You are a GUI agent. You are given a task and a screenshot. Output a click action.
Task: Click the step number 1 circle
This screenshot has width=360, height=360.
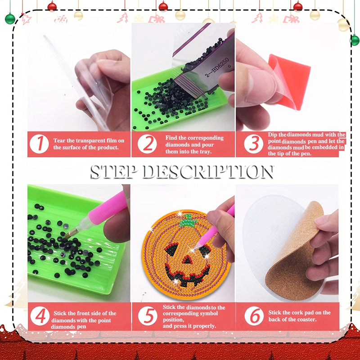coord(40,144)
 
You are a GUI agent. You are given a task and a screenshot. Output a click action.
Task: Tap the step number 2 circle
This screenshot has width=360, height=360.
coord(147,144)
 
